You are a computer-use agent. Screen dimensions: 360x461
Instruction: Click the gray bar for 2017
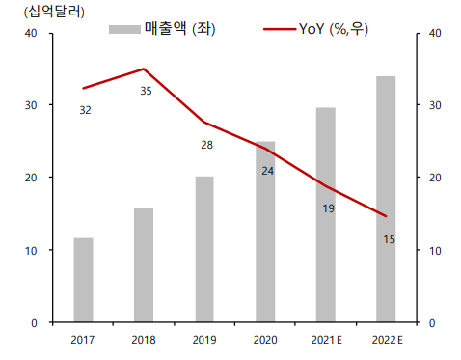[84, 280]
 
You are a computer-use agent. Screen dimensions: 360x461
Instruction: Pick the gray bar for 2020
[265, 232]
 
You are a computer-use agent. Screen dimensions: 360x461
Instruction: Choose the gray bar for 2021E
[326, 214]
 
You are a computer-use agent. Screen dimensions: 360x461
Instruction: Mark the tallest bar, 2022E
[386, 199]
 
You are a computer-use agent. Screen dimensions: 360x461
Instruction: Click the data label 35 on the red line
[146, 91]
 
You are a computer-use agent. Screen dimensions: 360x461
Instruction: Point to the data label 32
[85, 110]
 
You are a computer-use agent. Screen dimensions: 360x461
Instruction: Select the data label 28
[206, 145]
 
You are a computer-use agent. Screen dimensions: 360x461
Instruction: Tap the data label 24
[267, 170]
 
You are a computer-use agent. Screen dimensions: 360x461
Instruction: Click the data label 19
[328, 208]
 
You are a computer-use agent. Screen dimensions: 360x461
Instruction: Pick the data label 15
[389, 238]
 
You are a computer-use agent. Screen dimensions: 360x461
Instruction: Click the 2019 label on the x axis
[204, 340]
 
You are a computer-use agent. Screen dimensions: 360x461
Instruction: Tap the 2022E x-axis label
[387, 340]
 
